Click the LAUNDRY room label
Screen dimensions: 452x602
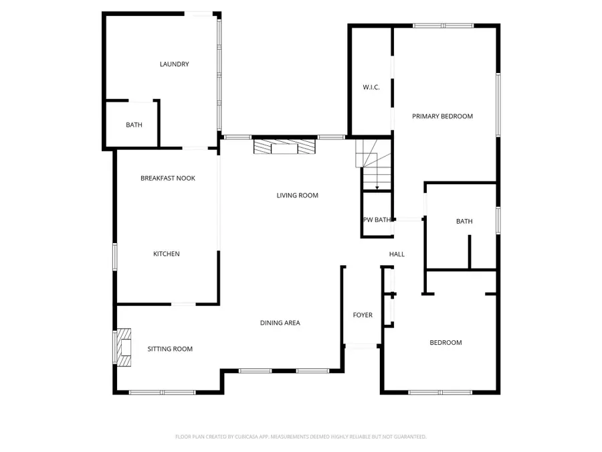(x=174, y=64)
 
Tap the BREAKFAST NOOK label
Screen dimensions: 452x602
(x=168, y=178)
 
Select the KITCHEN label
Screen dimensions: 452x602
(x=167, y=254)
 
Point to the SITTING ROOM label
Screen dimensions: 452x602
(x=170, y=349)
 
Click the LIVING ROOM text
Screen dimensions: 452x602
(x=297, y=196)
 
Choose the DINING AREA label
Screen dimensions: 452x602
(x=280, y=323)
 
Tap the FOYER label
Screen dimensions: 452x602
(x=363, y=315)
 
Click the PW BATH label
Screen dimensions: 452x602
(x=377, y=220)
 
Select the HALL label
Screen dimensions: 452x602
(x=397, y=254)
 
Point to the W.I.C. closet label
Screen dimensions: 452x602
(x=371, y=87)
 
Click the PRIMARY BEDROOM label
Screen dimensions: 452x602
(x=442, y=117)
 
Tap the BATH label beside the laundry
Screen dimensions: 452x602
(x=134, y=125)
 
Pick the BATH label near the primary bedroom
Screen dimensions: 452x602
(x=464, y=222)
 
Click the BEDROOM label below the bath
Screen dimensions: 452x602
(x=445, y=343)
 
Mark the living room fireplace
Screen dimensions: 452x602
(x=284, y=146)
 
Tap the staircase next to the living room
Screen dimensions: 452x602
(x=373, y=165)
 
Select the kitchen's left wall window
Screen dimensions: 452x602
(x=115, y=256)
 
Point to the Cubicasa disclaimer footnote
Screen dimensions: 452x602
(x=300, y=437)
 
